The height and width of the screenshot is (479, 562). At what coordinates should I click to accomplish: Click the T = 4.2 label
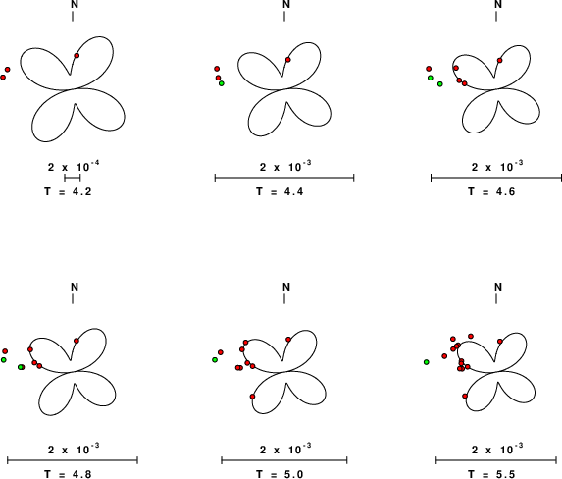click(68, 192)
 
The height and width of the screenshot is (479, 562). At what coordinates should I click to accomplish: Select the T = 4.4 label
click(280, 192)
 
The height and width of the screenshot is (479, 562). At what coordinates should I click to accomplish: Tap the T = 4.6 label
click(491, 192)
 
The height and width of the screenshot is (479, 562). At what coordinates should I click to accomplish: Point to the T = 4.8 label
click(68, 474)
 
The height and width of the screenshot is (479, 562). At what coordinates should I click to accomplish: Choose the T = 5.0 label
click(280, 474)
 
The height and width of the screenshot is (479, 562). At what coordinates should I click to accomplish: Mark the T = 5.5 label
click(491, 474)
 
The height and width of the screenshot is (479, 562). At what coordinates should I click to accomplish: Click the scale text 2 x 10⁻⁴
click(74, 166)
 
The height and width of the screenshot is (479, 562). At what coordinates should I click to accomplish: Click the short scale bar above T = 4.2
click(73, 178)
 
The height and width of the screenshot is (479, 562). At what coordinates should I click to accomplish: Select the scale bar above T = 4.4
click(284, 178)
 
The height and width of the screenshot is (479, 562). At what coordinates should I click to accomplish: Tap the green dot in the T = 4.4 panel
click(222, 83)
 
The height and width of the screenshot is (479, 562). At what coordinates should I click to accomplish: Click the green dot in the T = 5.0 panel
click(215, 360)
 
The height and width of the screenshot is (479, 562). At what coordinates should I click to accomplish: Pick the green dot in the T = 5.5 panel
click(427, 362)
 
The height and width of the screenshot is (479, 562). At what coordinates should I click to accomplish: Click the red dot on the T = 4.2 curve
click(77, 55)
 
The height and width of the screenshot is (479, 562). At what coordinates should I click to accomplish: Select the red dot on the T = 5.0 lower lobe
click(252, 397)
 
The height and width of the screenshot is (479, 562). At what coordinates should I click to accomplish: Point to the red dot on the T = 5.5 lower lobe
click(465, 397)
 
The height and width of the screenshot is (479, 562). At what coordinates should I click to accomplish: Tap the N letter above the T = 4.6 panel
click(498, 4)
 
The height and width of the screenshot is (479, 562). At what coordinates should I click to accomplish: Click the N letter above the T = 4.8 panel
click(75, 287)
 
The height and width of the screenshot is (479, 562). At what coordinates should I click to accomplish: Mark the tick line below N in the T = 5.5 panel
click(496, 298)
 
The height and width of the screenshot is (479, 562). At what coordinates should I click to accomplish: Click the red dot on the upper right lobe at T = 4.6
click(499, 60)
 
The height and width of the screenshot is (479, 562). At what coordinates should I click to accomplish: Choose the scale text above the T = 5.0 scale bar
click(285, 449)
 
